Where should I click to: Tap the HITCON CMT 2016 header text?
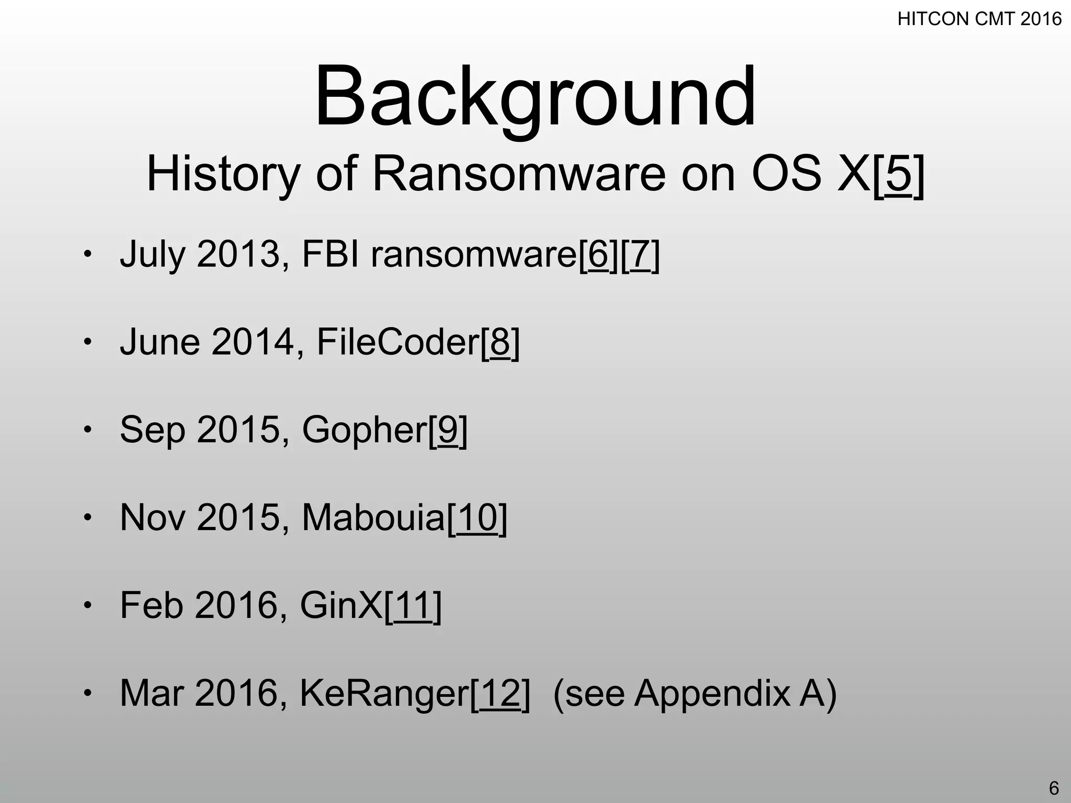click(x=979, y=19)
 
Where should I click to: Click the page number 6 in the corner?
click(x=1054, y=788)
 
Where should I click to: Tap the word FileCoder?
click(x=398, y=342)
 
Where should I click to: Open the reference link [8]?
click(x=500, y=342)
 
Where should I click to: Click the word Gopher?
click(x=364, y=430)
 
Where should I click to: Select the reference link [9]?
click(x=448, y=430)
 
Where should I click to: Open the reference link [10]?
click(x=477, y=518)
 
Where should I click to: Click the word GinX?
click(x=341, y=605)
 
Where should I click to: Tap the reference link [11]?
click(x=413, y=605)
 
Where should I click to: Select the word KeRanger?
click(x=384, y=693)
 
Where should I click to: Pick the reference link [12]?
click(x=500, y=693)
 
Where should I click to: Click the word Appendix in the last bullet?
click(x=712, y=693)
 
